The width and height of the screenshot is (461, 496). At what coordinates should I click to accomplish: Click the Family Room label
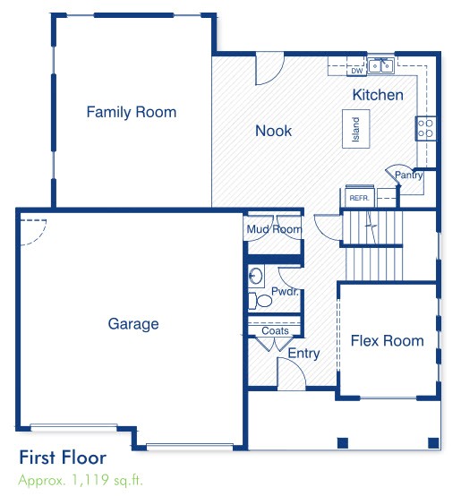click(131, 113)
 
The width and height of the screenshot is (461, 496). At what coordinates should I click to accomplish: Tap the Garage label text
click(133, 324)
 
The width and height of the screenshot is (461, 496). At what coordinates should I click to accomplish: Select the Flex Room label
click(387, 341)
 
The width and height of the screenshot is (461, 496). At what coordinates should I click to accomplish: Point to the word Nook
click(274, 132)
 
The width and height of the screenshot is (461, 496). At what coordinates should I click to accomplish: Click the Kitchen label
click(378, 95)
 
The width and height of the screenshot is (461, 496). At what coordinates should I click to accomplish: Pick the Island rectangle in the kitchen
click(355, 131)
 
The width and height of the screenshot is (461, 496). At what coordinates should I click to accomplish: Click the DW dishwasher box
click(355, 71)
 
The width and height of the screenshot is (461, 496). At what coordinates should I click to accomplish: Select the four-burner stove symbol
click(425, 128)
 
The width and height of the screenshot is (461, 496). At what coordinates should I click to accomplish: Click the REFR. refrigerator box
click(359, 197)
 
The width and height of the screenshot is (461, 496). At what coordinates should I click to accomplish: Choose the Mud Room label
click(274, 230)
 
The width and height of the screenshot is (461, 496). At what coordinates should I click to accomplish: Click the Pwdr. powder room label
click(284, 293)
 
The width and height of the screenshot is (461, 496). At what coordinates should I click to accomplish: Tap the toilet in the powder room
click(255, 277)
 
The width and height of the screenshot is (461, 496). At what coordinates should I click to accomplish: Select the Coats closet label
click(276, 331)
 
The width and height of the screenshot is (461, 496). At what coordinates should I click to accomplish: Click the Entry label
click(303, 354)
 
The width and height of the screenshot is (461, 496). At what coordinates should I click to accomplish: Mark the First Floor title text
click(63, 458)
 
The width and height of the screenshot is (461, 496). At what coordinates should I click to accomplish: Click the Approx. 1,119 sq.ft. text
click(80, 480)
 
